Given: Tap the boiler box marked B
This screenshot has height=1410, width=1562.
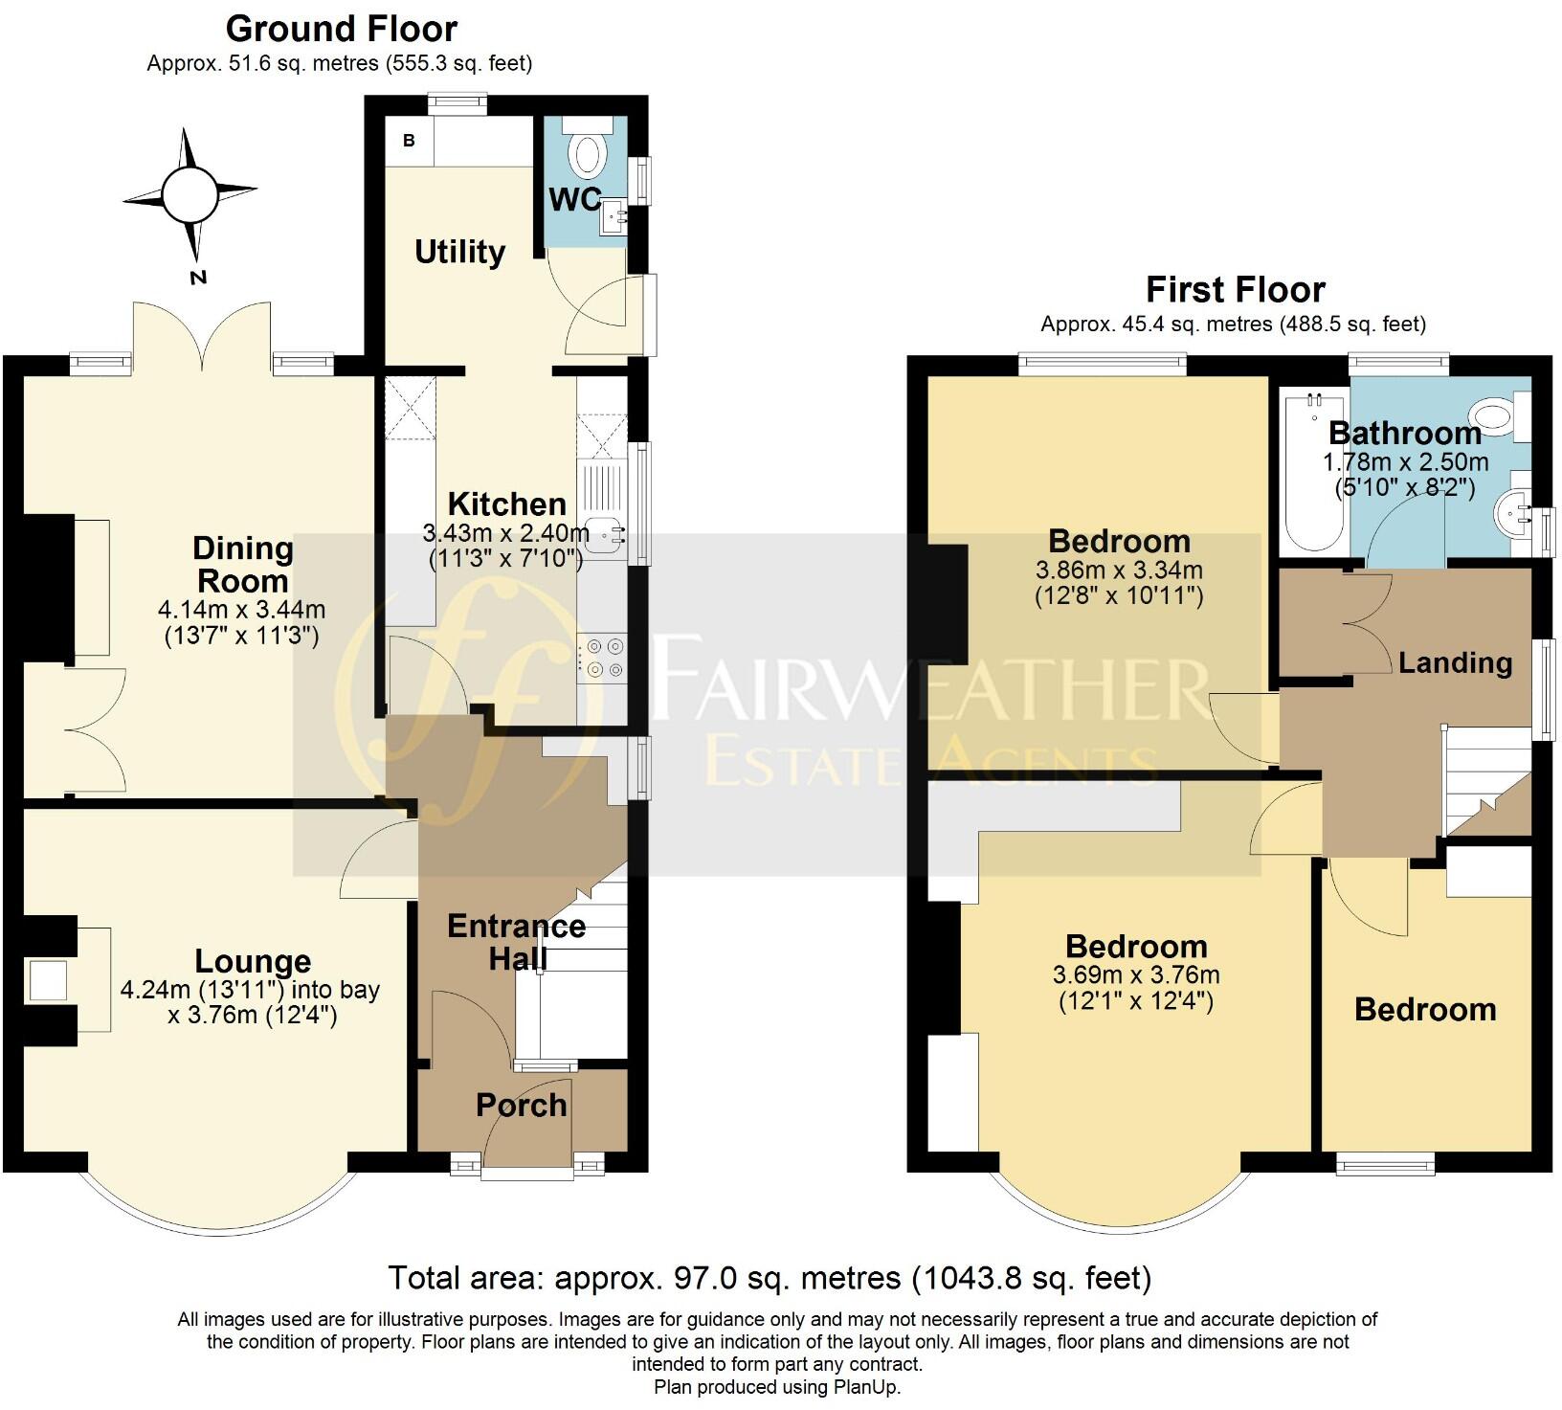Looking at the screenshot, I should (x=410, y=141).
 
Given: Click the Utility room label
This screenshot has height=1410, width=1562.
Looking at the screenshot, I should (x=459, y=252).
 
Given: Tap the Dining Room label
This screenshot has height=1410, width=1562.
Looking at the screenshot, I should (x=243, y=564).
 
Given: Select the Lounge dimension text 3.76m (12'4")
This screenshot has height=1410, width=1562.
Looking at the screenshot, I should (x=253, y=1014).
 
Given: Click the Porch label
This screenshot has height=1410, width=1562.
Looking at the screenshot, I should (x=522, y=1105).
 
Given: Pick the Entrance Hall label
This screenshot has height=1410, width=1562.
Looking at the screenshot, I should (x=517, y=941).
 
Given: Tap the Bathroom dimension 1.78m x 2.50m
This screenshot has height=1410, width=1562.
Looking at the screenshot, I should (x=1405, y=462).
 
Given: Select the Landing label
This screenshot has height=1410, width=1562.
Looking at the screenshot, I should (x=1455, y=662).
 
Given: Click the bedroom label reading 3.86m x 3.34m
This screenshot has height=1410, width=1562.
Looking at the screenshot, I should (x=1119, y=571).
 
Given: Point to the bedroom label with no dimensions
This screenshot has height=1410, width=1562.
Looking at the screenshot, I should (x=1425, y=1009).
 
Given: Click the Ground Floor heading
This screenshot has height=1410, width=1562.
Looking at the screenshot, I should (x=341, y=29).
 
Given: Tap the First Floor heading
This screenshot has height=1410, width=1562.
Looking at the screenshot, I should (x=1235, y=289).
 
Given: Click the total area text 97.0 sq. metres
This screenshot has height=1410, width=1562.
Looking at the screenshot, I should (x=727, y=1277).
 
